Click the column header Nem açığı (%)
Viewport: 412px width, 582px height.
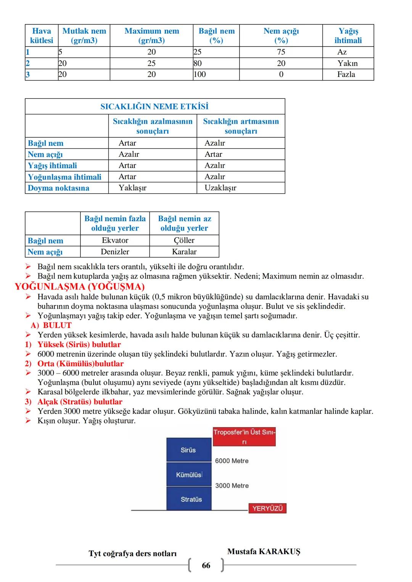(x=281, y=35)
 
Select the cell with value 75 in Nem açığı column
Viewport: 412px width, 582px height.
(x=281, y=52)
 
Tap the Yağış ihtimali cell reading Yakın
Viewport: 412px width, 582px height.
(x=348, y=63)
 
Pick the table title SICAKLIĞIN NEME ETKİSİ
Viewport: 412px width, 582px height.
(x=154, y=106)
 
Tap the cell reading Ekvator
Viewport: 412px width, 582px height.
(x=115, y=240)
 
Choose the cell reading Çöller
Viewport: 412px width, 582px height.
(x=184, y=240)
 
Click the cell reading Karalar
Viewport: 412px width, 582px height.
(x=184, y=252)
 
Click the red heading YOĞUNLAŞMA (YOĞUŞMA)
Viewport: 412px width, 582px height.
(x=80, y=286)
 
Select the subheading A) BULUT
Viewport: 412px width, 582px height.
(x=51, y=325)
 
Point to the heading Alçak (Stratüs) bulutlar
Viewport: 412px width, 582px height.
(x=80, y=402)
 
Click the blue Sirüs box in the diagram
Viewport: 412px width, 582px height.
(x=188, y=450)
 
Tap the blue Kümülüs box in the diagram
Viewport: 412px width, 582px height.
(x=188, y=475)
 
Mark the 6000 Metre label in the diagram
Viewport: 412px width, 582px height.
(x=232, y=461)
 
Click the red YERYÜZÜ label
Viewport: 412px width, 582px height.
(x=267, y=508)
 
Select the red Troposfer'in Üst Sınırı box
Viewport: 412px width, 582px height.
(x=244, y=437)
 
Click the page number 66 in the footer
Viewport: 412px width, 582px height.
(x=206, y=565)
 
